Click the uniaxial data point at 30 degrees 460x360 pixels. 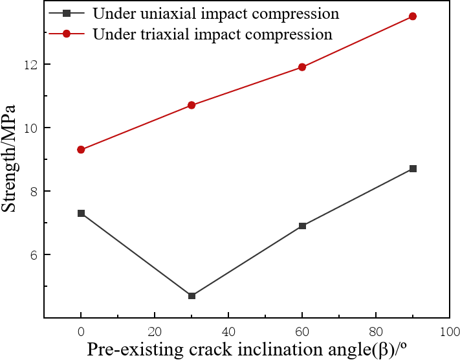pos(192,296)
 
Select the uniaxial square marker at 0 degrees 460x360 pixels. pos(81,213)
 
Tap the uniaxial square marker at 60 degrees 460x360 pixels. pos(302,226)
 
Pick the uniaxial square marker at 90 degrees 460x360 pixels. pos(413,169)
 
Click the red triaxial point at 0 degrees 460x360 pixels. pos(81,150)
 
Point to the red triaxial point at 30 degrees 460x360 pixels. pos(192,105)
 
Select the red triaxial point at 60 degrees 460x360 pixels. pos(302,67)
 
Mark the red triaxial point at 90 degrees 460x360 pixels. pos(413,16)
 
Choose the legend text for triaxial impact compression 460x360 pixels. pos(213,34)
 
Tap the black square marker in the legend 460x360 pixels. pos(66,14)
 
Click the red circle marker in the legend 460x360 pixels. pos(66,34)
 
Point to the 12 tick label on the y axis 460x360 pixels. pos(30,65)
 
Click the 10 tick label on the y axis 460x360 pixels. pos(30,128)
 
